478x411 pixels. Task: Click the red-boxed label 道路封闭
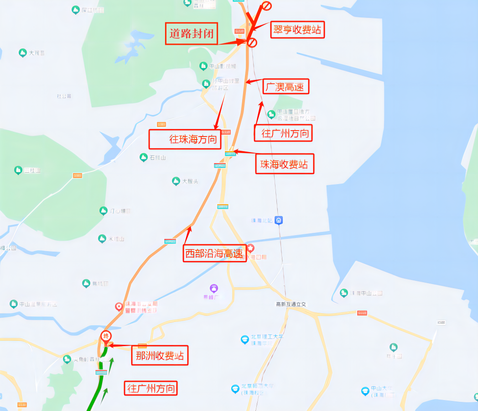coord(192,33)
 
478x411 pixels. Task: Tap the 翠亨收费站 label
coord(297,30)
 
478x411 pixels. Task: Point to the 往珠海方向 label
coord(185,139)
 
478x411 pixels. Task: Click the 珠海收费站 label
coord(285,164)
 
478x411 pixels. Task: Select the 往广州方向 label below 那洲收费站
coord(151,388)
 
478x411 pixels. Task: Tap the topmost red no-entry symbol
coord(266,6)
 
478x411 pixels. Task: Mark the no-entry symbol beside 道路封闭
coord(252,42)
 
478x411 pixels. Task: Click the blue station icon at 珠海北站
coord(279,220)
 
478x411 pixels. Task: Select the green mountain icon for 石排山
coord(143,157)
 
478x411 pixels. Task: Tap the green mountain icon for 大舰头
coord(176,181)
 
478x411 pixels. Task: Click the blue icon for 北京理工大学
coord(245,339)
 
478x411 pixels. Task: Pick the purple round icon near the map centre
coord(214,288)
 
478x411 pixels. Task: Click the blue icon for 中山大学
coord(365,391)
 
